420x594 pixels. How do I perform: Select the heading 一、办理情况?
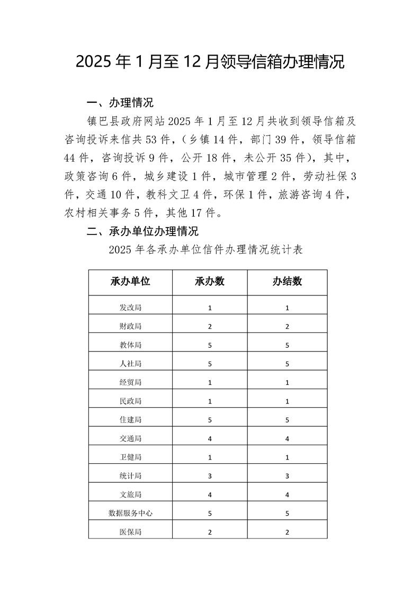pyautogui.click(x=120, y=102)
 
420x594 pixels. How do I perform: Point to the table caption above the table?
pyautogui.click(x=205, y=250)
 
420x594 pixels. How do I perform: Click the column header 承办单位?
pyautogui.click(x=130, y=282)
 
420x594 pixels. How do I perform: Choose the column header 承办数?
pyautogui.click(x=210, y=282)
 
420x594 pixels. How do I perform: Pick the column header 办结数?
pyautogui.click(x=287, y=282)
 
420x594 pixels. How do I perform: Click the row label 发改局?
pyautogui.click(x=130, y=308)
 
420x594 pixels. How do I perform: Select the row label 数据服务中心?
pyautogui.click(x=130, y=513)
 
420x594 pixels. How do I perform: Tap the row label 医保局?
pyautogui.click(x=130, y=532)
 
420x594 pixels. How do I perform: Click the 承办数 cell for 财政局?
pyautogui.click(x=210, y=327)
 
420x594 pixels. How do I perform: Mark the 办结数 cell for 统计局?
pyautogui.click(x=287, y=476)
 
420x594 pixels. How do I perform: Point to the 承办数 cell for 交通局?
pyautogui.click(x=210, y=438)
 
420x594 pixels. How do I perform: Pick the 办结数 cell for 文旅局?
pyautogui.click(x=287, y=494)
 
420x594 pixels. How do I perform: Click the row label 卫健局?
pyautogui.click(x=130, y=457)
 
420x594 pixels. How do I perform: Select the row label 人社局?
pyautogui.click(x=130, y=364)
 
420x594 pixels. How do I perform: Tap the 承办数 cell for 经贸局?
pyautogui.click(x=210, y=382)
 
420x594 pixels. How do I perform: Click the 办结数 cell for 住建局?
pyautogui.click(x=287, y=420)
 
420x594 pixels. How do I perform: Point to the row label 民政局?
pyautogui.click(x=130, y=401)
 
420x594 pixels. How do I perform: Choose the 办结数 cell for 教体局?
pyautogui.click(x=287, y=345)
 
